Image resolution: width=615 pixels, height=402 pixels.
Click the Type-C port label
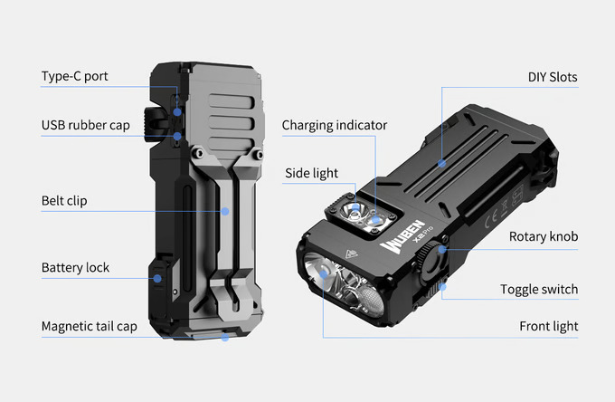click(74, 76)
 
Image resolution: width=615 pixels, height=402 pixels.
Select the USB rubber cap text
click(86, 125)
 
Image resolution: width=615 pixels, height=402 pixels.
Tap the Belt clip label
click(64, 201)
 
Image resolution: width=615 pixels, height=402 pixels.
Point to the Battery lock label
click(75, 267)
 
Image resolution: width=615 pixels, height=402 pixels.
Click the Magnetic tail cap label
click(90, 326)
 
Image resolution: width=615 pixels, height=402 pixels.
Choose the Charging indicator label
click(335, 125)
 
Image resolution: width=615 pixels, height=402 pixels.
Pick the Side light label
click(311, 173)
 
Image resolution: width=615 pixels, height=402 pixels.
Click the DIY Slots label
click(553, 77)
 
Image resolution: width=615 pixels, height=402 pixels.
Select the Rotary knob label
click(544, 236)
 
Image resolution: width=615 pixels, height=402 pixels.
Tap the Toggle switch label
click(539, 290)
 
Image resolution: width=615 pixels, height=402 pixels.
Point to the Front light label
click(549, 326)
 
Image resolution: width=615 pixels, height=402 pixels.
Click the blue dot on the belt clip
click(225, 212)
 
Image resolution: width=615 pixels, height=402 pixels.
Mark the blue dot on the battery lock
click(157, 278)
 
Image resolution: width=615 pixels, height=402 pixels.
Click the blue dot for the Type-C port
click(177, 112)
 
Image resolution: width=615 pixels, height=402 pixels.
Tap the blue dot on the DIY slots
click(442, 163)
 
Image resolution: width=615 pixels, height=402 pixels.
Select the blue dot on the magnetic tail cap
click(225, 337)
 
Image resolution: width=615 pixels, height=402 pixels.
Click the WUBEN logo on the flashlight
click(402, 236)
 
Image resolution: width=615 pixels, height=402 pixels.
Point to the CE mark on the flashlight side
click(491, 218)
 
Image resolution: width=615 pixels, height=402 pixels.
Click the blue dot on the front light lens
click(323, 274)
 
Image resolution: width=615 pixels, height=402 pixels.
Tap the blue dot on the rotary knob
click(442, 249)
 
